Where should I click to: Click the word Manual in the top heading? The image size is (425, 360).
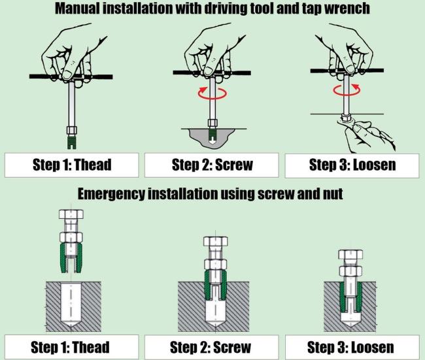coord(81,9)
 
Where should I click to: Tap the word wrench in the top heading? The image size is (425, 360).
coord(344,9)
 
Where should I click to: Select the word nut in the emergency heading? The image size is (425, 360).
coord(333,194)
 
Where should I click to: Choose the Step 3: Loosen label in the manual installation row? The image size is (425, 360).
coord(352,164)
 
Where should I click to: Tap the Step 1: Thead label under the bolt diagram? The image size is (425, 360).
coord(71,346)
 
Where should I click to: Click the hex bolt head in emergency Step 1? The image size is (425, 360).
coord(71,215)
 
